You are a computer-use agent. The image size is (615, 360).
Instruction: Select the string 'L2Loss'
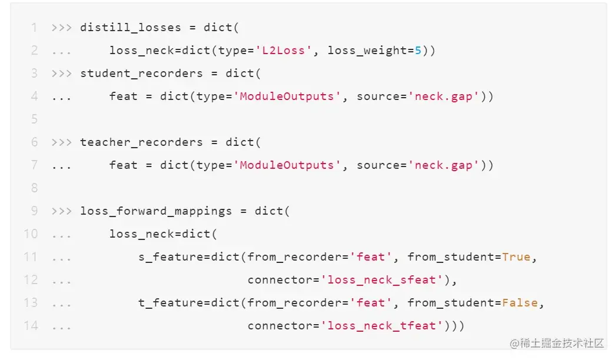tap(284, 50)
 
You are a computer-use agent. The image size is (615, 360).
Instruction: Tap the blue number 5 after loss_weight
tap(418, 50)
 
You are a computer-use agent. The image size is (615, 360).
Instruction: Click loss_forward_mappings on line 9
tap(156, 211)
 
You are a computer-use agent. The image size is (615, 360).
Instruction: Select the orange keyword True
tap(516, 256)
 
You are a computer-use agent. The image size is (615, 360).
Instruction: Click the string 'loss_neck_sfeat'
tap(383, 279)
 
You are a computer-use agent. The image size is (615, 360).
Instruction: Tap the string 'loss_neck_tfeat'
tap(383, 325)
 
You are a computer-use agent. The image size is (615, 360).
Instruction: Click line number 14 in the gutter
tap(31, 325)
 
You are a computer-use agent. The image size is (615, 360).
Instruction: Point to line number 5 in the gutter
tap(34, 119)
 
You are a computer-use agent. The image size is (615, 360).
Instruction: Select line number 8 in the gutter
tap(34, 188)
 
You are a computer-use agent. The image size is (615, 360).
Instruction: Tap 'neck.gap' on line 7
tap(444, 165)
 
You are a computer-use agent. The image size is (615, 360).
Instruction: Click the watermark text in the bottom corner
tap(557, 343)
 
